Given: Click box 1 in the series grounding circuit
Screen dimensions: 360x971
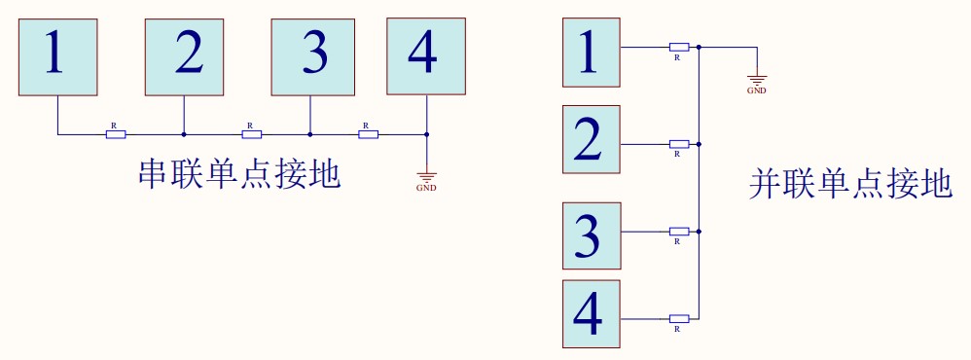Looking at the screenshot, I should click(x=57, y=56).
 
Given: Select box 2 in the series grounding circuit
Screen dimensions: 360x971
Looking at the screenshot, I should click(x=185, y=56).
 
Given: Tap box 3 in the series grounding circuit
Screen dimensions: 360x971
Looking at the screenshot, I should click(x=311, y=56).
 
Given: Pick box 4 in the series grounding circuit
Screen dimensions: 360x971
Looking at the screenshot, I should click(x=425, y=55).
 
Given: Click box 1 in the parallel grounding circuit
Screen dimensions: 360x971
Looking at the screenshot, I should click(x=592, y=54).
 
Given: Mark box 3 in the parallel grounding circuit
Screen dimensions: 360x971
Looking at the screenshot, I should click(x=592, y=234).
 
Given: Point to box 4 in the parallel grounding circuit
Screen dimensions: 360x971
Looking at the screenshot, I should click(x=592, y=313).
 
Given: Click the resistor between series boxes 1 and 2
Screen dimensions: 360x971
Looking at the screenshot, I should click(x=116, y=134).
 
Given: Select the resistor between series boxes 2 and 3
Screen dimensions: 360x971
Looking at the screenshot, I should click(x=252, y=134).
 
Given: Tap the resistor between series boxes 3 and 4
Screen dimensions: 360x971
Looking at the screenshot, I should click(x=368, y=134).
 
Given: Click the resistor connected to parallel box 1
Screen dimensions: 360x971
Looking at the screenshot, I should click(x=679, y=47).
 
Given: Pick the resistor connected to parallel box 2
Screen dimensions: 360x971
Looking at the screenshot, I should click(x=679, y=144).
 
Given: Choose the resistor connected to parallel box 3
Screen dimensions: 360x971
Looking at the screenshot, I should click(x=679, y=232).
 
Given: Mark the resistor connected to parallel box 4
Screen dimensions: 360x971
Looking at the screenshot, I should click(x=679, y=318).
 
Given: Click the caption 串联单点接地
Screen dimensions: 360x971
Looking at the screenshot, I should click(x=239, y=175).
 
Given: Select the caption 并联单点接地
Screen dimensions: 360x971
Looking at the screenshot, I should click(x=850, y=184).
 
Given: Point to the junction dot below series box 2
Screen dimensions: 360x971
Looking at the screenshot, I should click(x=184, y=134).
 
